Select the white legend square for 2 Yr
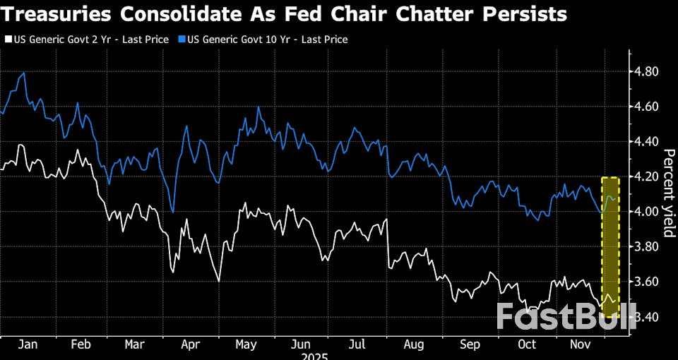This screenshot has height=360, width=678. [x=8, y=40]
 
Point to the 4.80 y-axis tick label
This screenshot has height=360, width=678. [x=647, y=72]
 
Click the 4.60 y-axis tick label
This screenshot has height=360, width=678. [x=647, y=107]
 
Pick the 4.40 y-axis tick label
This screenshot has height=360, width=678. [x=647, y=142]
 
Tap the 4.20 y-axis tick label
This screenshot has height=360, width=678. [x=647, y=176]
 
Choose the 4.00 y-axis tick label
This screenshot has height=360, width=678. [x=647, y=212]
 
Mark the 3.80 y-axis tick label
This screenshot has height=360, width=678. [x=647, y=246]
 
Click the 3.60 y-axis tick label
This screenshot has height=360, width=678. [x=647, y=282]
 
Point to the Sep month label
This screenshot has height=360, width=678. [x=470, y=344]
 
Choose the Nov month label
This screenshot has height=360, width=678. [x=581, y=344]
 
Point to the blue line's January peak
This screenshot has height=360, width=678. [x=25, y=73]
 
